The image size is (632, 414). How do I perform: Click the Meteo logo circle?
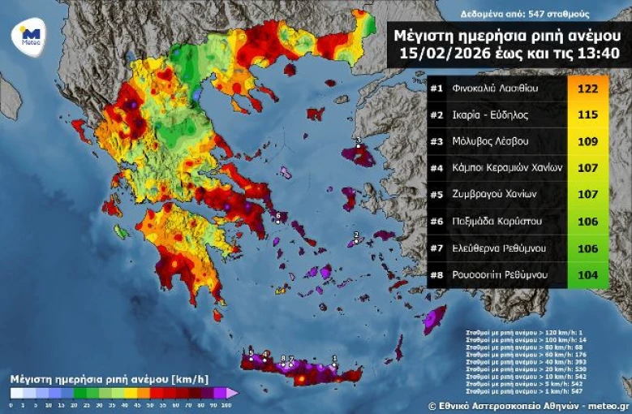tap(30, 35)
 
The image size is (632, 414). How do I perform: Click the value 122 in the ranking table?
tap(587, 88)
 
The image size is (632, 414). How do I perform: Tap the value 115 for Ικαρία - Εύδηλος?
tap(587, 114)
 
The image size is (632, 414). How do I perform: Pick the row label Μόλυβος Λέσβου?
tap(491, 141)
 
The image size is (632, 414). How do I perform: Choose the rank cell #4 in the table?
tap(436, 168)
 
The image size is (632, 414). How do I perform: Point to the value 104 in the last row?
tap(587, 275)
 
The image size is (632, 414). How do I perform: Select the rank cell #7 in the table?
tap(436, 248)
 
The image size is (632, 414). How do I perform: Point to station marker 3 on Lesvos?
tap(358, 141)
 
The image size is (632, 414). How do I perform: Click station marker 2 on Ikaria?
tap(355, 235)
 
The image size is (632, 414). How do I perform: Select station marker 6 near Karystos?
tap(278, 215)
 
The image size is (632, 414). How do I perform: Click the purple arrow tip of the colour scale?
tap(233, 393)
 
